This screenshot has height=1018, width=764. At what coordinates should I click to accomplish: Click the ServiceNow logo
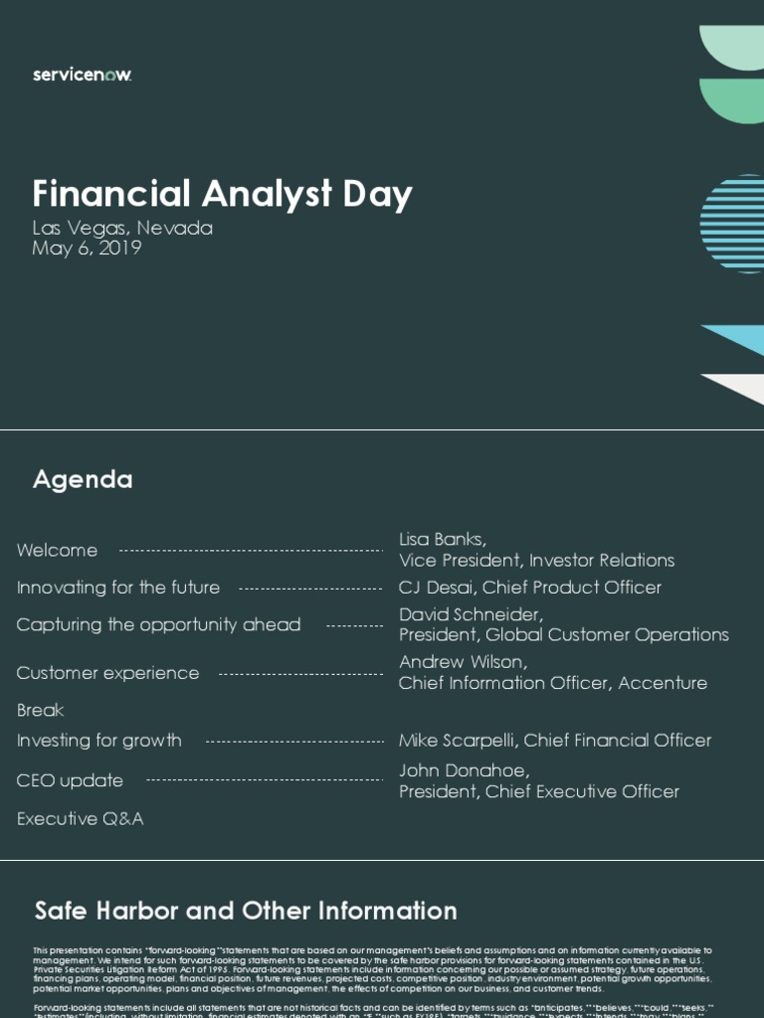point(82,76)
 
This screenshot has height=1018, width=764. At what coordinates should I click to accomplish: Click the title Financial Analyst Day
point(222,194)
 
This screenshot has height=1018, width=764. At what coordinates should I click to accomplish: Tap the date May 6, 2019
point(87,249)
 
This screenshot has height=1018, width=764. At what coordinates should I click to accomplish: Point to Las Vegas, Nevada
point(122,228)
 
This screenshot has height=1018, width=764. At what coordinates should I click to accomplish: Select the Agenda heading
point(83,480)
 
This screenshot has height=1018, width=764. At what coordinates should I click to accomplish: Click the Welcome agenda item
point(57,551)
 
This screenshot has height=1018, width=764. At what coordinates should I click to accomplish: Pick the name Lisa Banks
point(442,540)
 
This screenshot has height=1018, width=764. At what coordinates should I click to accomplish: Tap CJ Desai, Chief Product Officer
point(529,588)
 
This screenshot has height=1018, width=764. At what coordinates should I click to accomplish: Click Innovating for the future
point(118,588)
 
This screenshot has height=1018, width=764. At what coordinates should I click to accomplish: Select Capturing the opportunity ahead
point(158,625)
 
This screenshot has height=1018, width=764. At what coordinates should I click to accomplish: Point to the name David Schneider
point(471,614)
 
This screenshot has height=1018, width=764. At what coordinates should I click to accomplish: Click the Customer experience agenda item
point(107,673)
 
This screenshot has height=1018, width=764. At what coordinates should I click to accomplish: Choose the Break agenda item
point(40,711)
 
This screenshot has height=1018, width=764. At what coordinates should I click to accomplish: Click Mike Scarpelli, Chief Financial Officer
point(555,741)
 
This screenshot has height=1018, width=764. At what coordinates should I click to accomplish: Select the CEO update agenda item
point(70,781)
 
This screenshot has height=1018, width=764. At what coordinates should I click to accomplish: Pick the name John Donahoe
point(464,770)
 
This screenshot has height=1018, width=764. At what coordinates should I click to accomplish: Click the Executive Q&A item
point(80,819)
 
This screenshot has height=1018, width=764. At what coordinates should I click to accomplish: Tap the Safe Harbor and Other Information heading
point(246,912)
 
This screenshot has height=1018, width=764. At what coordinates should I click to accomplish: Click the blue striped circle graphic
point(733,217)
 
